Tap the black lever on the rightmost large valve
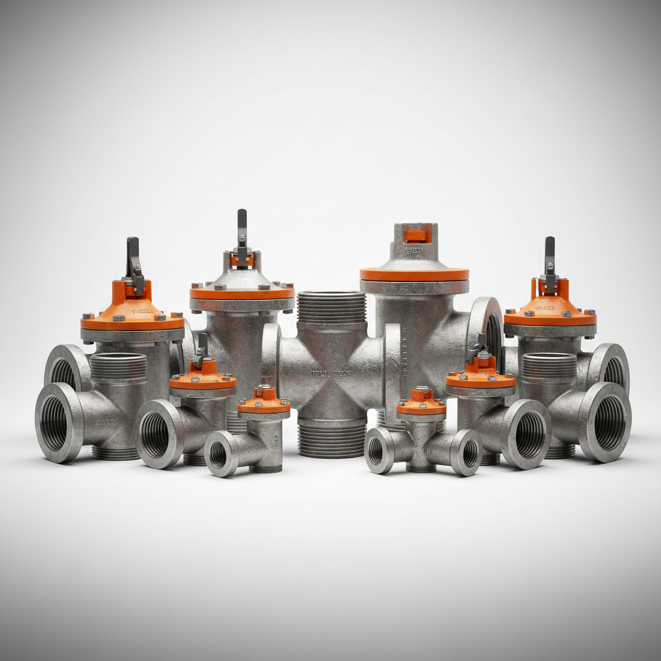pos(549,256)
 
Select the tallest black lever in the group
pos(242,229)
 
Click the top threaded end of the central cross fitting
pos(331,307)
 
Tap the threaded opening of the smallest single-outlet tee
pos(218,454)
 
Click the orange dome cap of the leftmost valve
pos(132,310)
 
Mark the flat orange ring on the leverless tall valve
pos(414,274)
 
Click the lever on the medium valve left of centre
pos(200,349)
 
